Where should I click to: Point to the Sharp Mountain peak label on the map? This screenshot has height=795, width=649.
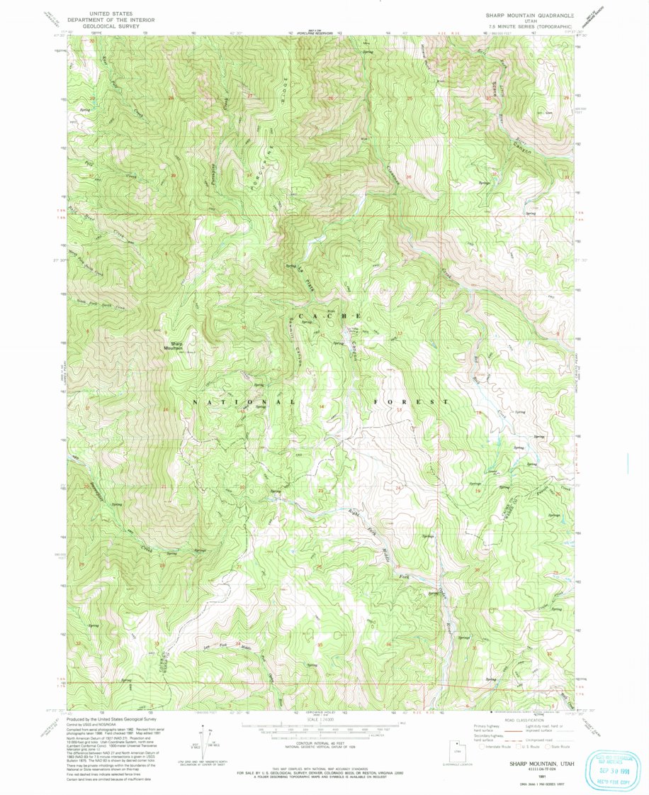point(173,346)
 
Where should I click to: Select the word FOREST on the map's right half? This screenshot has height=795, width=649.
point(411,402)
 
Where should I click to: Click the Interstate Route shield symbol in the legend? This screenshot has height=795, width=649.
point(483,745)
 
